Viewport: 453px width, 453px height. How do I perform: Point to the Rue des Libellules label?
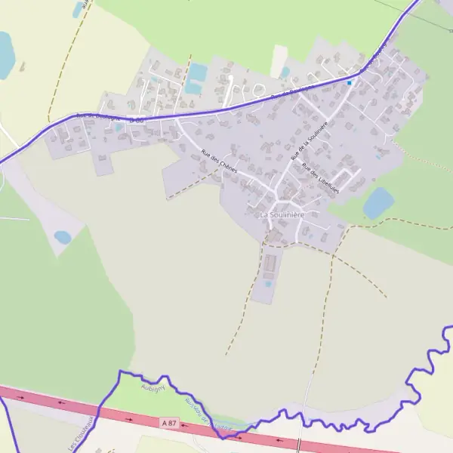pyautogui.click(x=320, y=178)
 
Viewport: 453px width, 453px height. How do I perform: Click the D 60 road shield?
pyautogui.click(x=136, y=119)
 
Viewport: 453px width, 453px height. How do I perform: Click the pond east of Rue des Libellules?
pyautogui.click(x=378, y=202)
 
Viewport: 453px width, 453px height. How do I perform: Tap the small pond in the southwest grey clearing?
pyautogui.click(x=63, y=237)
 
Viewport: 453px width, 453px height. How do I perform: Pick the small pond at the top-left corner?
pyautogui.click(x=78, y=11)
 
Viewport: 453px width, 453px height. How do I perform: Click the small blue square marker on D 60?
pyautogui.click(x=350, y=82)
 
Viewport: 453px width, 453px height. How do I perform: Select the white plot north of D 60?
pyautogui.click(x=279, y=60)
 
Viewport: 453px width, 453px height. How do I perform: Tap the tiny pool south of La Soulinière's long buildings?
pyautogui.click(x=268, y=284)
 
